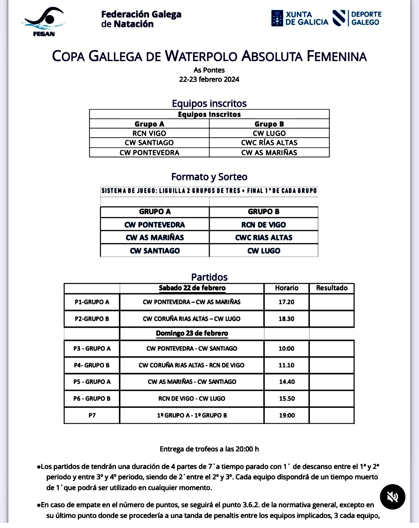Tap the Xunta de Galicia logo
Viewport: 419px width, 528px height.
pyautogui.click(x=299, y=18)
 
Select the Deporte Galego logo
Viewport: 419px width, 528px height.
pyautogui.click(x=357, y=18)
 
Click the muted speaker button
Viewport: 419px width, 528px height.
pyautogui.click(x=392, y=497)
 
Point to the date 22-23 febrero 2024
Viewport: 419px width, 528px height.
pyautogui.click(x=209, y=80)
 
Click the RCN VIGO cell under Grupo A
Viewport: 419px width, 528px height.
pyautogui.click(x=149, y=133)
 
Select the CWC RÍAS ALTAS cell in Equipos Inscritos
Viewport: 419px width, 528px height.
pyautogui.click(x=269, y=143)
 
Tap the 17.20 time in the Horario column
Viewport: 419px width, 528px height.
pyautogui.click(x=286, y=302)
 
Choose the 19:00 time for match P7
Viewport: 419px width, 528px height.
pyautogui.click(x=287, y=415)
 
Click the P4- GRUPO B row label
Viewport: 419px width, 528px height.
pyautogui.click(x=92, y=365)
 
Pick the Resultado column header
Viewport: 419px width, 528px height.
pyautogui.click(x=332, y=288)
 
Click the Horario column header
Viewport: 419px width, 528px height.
pyautogui.click(x=286, y=288)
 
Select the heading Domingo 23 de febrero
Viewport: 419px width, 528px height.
pyautogui.click(x=192, y=333)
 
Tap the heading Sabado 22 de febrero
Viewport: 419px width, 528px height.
pyautogui.click(x=192, y=288)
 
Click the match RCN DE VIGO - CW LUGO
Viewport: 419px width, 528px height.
pyautogui.click(x=192, y=399)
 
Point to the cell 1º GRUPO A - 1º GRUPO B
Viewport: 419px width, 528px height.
pyautogui.click(x=192, y=415)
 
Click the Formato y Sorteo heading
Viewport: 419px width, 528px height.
pyautogui.click(x=209, y=177)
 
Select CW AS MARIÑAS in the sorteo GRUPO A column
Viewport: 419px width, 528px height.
pyautogui.click(x=155, y=238)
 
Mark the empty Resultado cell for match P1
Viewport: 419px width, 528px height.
pyautogui.click(x=332, y=302)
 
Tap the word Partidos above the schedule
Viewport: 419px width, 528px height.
pyautogui.click(x=209, y=277)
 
